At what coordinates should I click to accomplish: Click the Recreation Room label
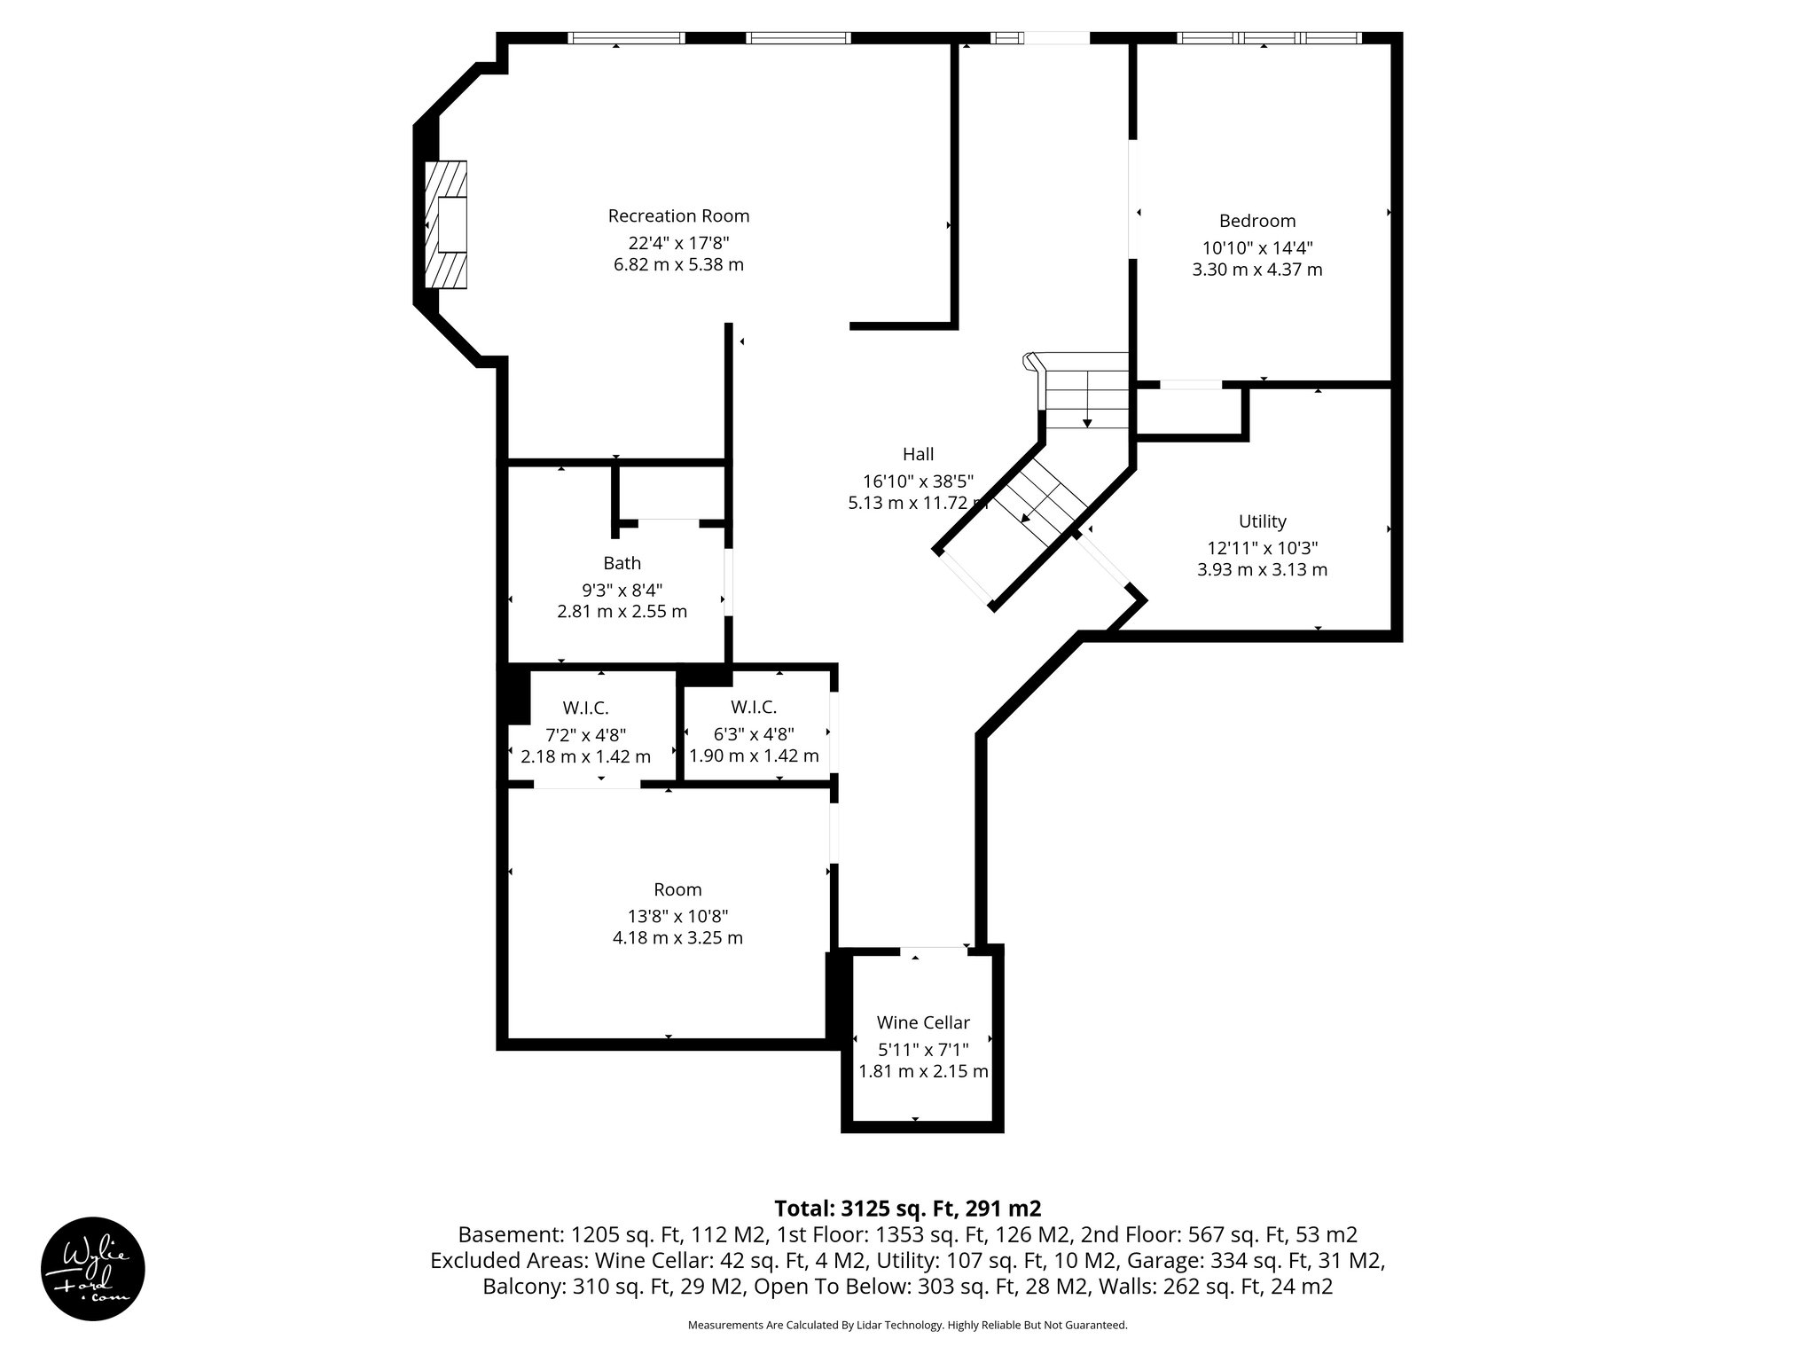678,215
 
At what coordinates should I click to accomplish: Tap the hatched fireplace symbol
446,224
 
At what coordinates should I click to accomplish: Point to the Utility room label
1262,521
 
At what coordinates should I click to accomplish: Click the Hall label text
918,454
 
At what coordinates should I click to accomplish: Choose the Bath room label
622,563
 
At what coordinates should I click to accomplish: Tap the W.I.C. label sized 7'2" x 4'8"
585,708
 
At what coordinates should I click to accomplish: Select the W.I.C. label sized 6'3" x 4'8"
754,708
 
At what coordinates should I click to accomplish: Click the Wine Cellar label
923,1022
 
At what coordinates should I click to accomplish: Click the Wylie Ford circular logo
93,1269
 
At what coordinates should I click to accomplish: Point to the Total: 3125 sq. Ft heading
907,1209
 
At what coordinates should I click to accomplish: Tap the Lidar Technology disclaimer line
907,1325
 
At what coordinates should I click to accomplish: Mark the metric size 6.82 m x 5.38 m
678,264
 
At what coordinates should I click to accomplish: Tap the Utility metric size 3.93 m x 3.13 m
1262,569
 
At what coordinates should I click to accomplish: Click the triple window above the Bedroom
1269,38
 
